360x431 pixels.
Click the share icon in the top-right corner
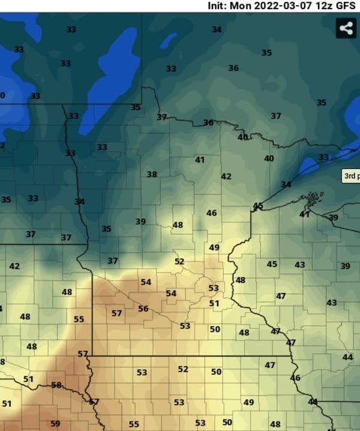click(346, 28)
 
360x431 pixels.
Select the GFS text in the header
click(347, 5)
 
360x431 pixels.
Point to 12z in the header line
click(325, 5)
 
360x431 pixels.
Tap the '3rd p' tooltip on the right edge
click(350, 176)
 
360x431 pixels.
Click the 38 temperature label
click(152, 175)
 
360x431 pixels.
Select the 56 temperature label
click(143, 309)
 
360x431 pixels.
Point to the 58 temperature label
click(56, 385)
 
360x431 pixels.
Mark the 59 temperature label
click(55, 424)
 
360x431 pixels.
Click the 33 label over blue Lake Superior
click(323, 157)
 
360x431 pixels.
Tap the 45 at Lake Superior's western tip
click(258, 206)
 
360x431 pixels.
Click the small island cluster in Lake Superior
click(312, 197)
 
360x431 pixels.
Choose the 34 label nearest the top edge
click(216, 29)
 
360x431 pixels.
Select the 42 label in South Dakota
click(14, 266)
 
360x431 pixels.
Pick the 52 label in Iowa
click(183, 369)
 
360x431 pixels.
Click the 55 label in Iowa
click(134, 424)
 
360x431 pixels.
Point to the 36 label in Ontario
click(233, 68)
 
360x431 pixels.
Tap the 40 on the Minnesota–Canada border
click(242, 137)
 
